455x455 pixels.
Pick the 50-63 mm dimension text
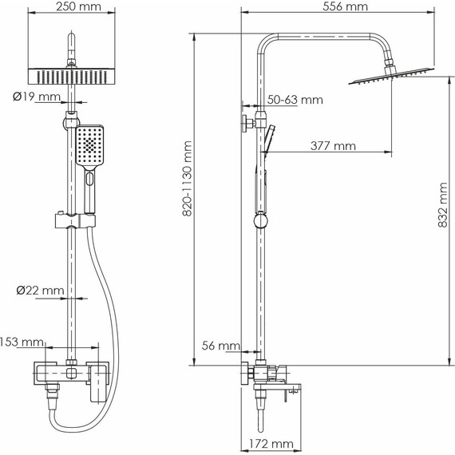(x=295, y=100)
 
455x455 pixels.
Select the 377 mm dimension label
(x=333, y=145)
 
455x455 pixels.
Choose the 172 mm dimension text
(x=267, y=443)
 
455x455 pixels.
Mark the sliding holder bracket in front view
(x=73, y=219)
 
